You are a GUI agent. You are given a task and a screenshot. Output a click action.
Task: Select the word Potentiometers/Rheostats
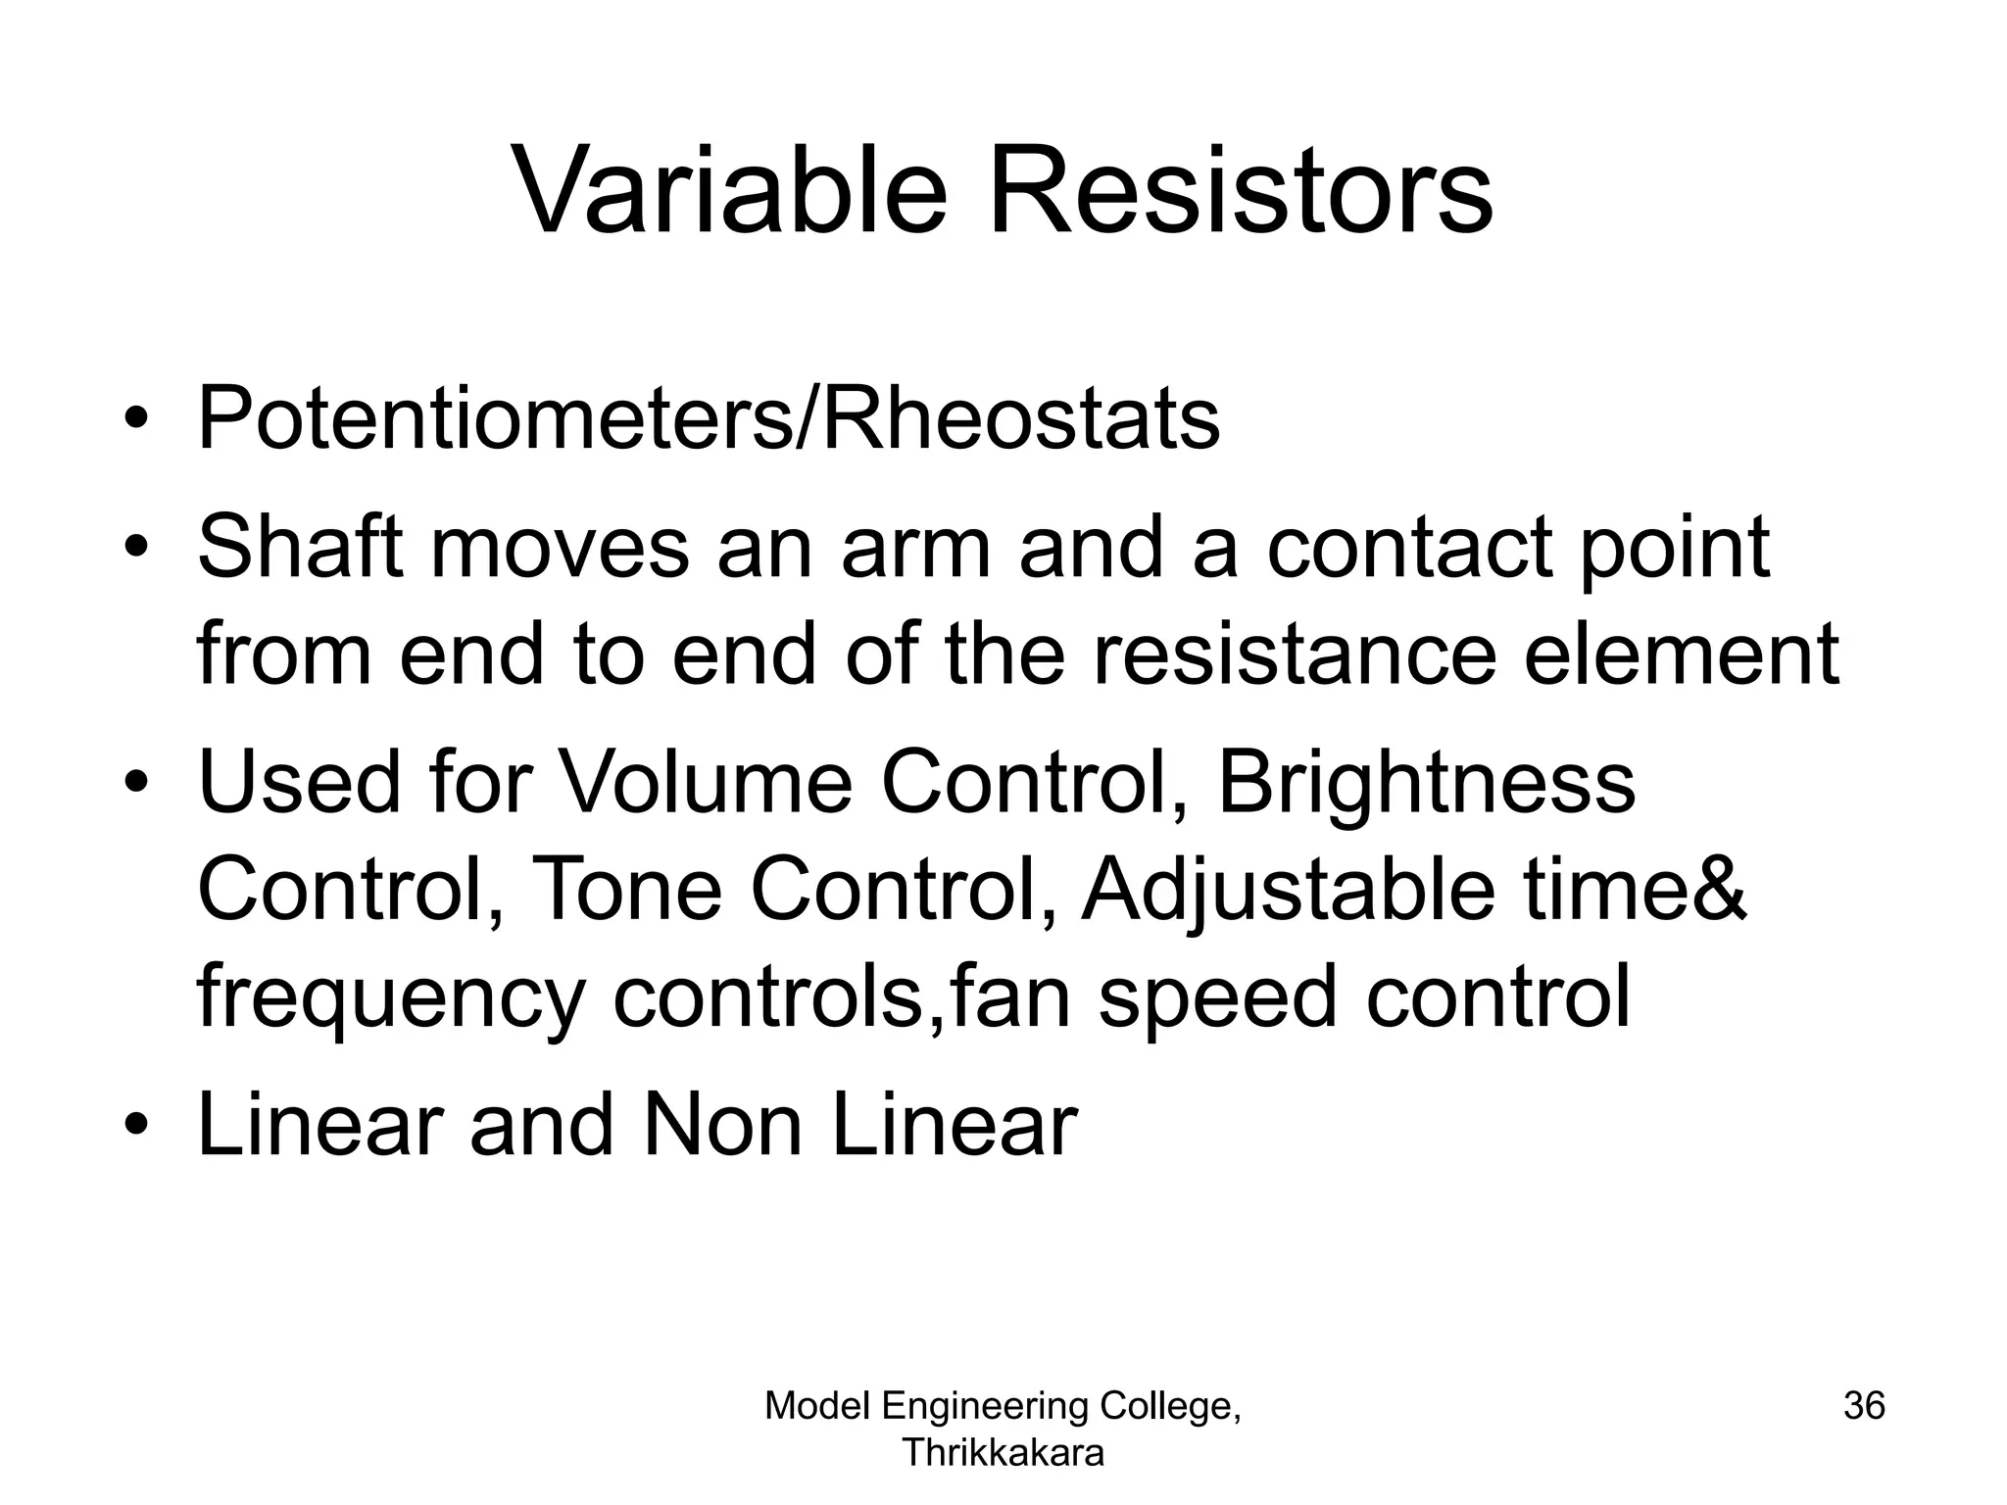click(x=709, y=419)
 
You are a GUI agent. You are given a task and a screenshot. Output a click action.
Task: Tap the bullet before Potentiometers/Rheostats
click(x=136, y=421)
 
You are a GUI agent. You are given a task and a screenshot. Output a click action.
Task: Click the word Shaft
click(x=301, y=547)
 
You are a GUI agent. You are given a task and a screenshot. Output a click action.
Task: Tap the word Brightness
click(x=1426, y=783)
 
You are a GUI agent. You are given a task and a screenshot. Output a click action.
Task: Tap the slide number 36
click(x=1864, y=1405)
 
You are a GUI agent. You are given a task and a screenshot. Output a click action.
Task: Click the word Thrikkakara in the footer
click(x=1003, y=1452)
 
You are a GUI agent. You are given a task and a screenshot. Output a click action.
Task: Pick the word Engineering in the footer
click(x=985, y=1405)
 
